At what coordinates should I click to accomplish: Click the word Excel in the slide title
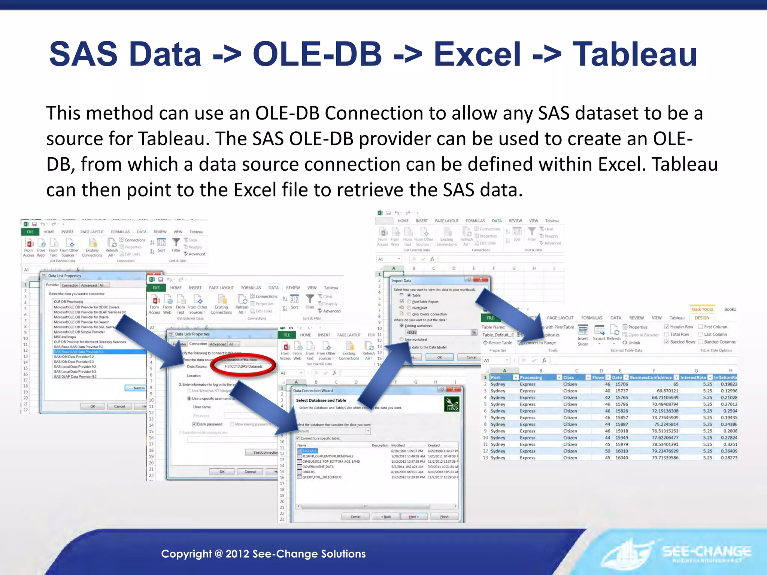pos(477,55)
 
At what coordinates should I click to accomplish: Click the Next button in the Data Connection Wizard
pos(413,517)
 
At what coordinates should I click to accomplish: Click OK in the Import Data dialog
pos(439,357)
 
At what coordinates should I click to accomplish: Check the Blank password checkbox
pos(194,424)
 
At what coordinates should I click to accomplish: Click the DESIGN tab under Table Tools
pos(702,318)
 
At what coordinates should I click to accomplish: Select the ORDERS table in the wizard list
pos(309,472)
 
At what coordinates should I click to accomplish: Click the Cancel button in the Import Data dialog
pos(471,357)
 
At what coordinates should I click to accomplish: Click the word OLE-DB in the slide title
pos(317,55)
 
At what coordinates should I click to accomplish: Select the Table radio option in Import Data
pos(409,295)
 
